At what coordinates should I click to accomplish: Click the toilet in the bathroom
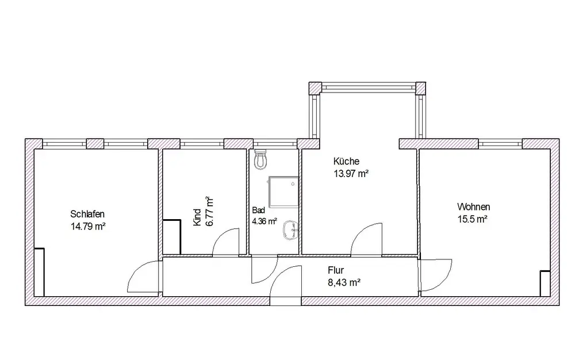[x=260, y=159]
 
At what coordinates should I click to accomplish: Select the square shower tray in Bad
[x=283, y=192]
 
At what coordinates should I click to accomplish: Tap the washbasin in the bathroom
[x=291, y=230]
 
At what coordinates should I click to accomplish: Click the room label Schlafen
[x=87, y=214]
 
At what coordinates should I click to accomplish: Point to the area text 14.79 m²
[x=88, y=227]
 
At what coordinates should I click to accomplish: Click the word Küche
[x=346, y=161]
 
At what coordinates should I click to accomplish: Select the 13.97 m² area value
[x=351, y=174]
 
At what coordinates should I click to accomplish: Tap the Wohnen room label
[x=473, y=207]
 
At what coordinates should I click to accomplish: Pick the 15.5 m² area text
[x=472, y=219]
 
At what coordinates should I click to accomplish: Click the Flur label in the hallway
[x=336, y=270]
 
